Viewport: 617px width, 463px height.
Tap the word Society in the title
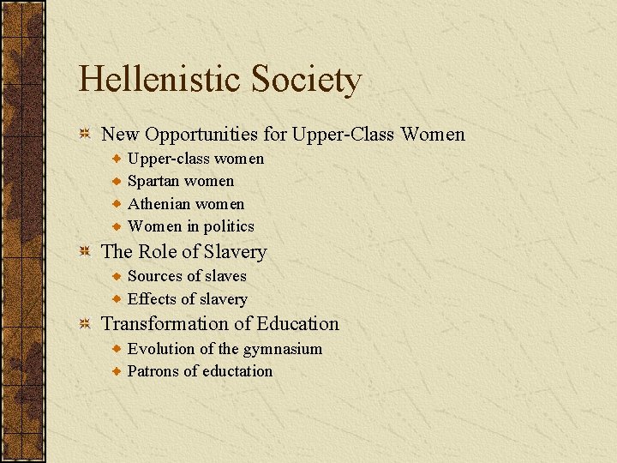(307, 80)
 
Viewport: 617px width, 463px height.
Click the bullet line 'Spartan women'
(180, 181)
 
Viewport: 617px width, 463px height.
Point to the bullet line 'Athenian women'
(185, 204)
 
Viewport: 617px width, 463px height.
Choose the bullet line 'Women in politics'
(190, 226)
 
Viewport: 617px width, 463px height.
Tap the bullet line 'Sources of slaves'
(187, 276)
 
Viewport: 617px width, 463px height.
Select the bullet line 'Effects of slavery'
(187, 299)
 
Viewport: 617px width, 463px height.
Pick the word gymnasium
(283, 349)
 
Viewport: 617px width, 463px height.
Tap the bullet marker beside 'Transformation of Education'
(85, 324)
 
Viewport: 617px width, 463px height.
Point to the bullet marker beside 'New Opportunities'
(85, 135)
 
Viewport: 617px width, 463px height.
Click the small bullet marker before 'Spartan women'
(117, 181)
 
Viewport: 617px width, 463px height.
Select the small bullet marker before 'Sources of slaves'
(117, 276)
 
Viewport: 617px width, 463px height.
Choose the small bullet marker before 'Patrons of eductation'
(117, 371)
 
